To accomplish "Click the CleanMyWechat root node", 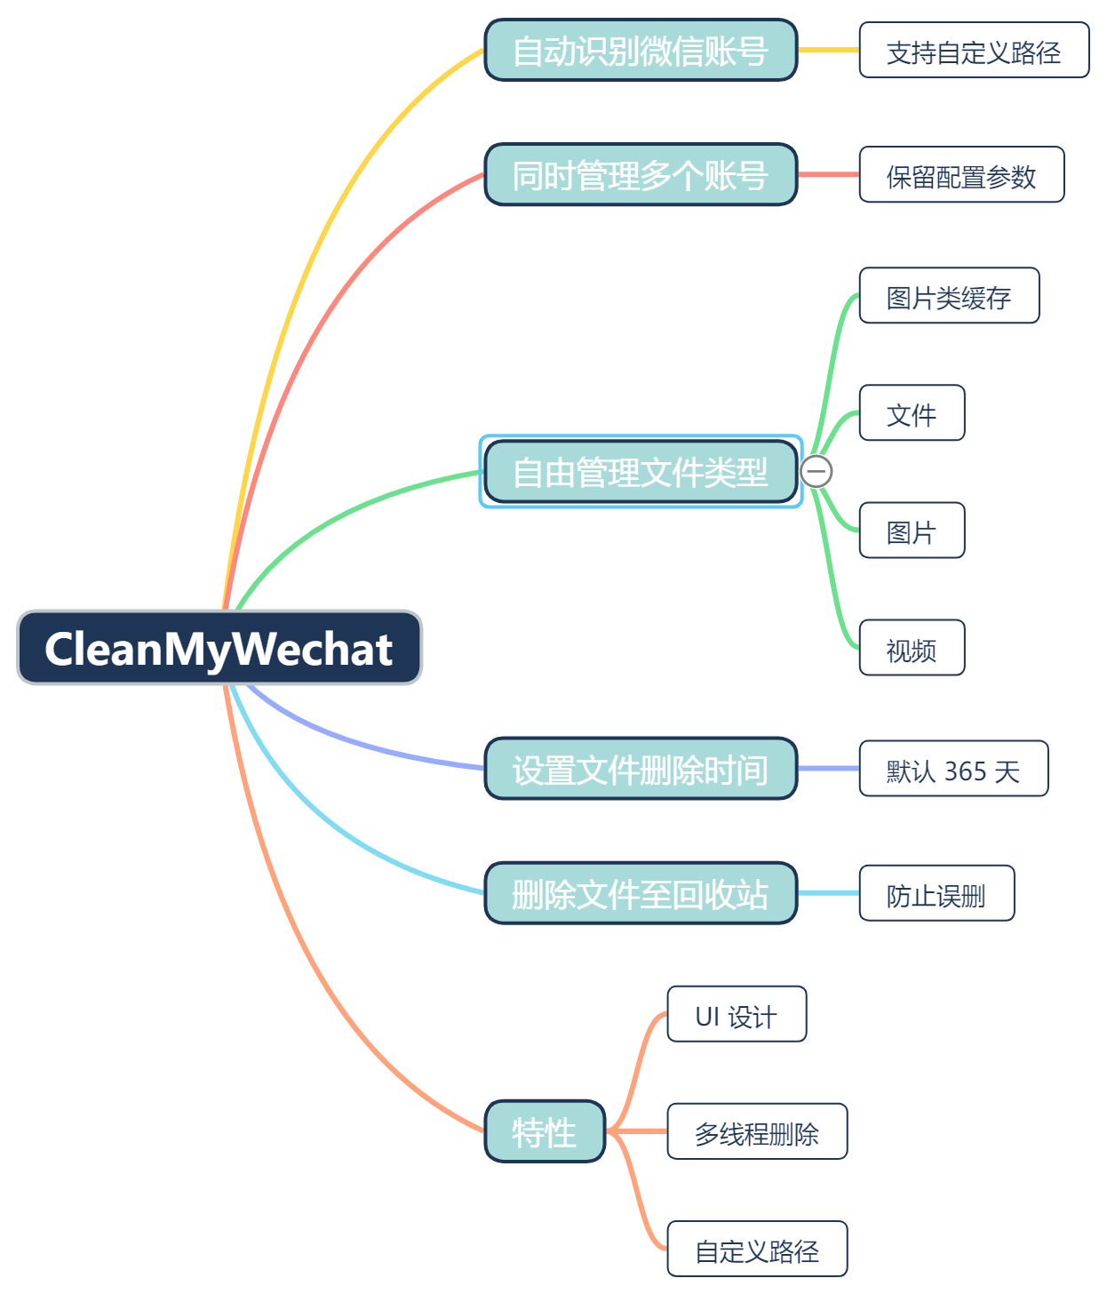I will (x=219, y=648).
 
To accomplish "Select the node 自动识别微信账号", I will (x=641, y=51).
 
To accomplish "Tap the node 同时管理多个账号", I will (x=641, y=175).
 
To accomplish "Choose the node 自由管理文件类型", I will (x=641, y=472).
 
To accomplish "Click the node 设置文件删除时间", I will (x=641, y=769).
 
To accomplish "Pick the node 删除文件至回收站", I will (x=641, y=893).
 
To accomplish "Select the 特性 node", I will (x=545, y=1131).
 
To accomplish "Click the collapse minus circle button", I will (x=816, y=471).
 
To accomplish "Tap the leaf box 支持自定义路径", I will (x=974, y=51).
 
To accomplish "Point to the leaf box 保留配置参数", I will (x=961, y=175).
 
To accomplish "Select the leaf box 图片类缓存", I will (x=949, y=296).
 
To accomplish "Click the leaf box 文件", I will (x=912, y=413).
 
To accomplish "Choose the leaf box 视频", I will (x=912, y=648).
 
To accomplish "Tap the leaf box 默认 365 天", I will (x=953, y=769).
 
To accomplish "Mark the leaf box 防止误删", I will (x=936, y=893).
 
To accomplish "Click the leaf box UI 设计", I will (x=737, y=1014).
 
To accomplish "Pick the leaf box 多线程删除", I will (x=757, y=1131).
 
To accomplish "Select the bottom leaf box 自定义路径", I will (x=757, y=1249).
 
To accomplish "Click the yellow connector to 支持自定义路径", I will (x=828, y=50).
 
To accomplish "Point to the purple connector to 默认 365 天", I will (x=828, y=768).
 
